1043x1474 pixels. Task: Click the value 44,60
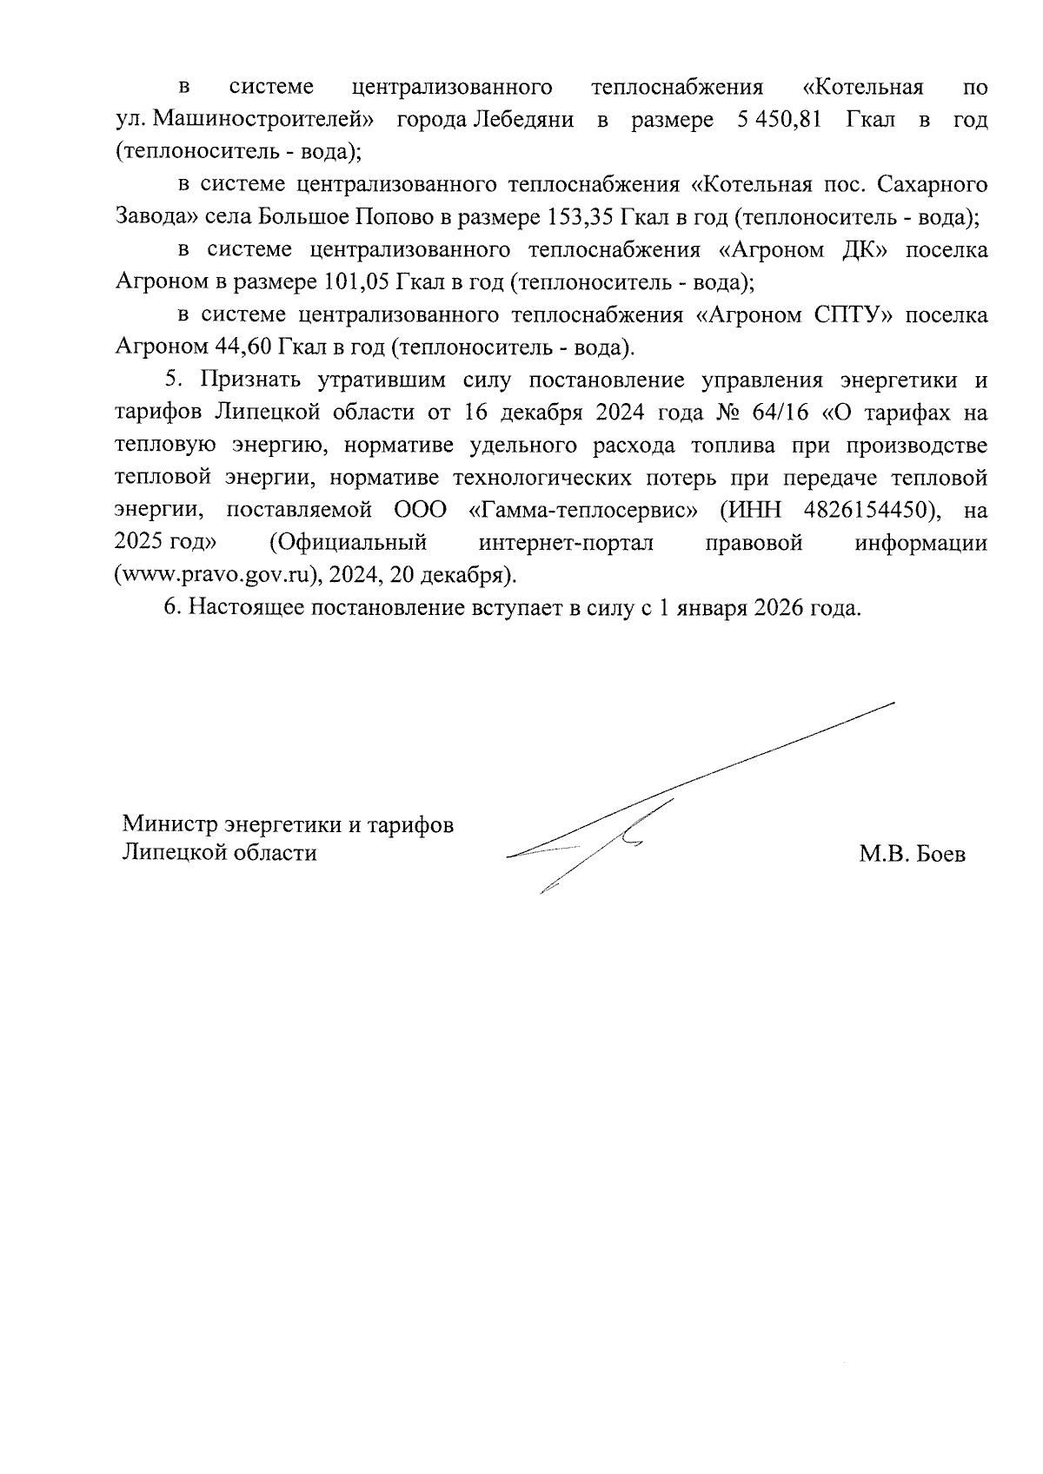pos(242,347)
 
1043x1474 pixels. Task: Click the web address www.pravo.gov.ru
pos(218,576)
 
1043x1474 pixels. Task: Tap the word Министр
pos(169,823)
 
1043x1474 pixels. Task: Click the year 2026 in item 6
pos(781,607)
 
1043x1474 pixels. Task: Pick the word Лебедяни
pos(521,120)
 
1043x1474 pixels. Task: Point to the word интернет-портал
pos(566,543)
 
